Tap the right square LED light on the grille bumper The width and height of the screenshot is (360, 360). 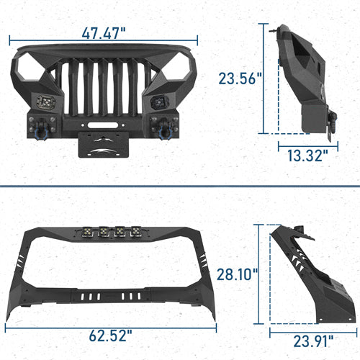coord(160,102)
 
